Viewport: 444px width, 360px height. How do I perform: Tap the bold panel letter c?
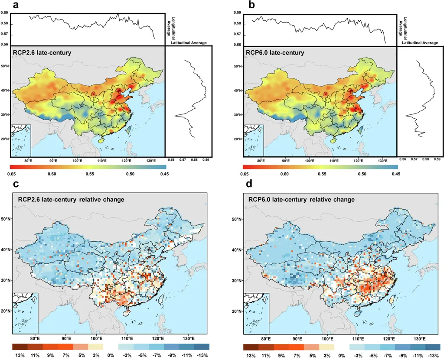pyautogui.click(x=16, y=184)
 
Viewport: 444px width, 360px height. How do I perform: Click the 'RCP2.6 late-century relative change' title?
pyautogui.click(x=72, y=200)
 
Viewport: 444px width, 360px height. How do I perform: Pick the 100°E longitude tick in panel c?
pyautogui.click(x=96, y=338)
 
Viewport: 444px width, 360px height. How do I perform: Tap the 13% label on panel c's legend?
pyautogui.click(x=20, y=355)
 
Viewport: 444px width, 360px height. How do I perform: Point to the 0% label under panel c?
pyautogui.click(x=111, y=355)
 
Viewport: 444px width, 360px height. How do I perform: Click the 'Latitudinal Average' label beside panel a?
pyautogui.click(x=189, y=42)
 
